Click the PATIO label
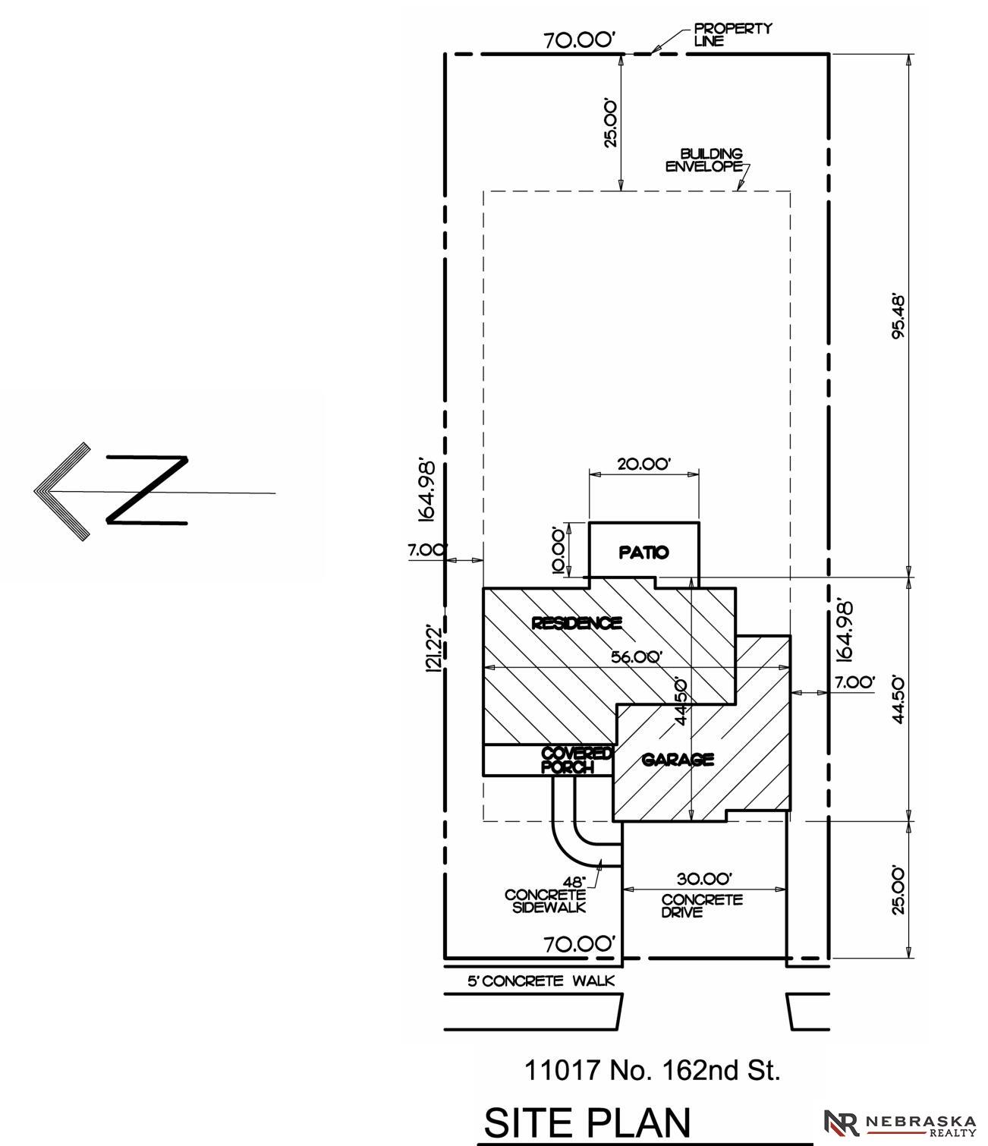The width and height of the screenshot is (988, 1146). point(643,553)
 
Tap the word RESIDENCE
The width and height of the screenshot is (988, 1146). point(577,623)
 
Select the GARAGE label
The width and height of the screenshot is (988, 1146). point(678,760)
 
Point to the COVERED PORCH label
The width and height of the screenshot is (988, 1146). point(576,760)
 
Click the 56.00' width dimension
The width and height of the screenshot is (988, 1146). point(637,657)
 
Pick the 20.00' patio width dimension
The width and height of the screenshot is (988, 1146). point(643,464)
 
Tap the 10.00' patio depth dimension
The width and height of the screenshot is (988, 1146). point(559,550)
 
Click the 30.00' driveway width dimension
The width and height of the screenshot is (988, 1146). point(704,879)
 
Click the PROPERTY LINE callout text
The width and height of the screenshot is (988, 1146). point(733,34)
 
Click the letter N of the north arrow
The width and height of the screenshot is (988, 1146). point(147,490)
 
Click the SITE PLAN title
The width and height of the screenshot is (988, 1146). point(587,1122)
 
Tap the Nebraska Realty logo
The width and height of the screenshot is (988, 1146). point(899,1123)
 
